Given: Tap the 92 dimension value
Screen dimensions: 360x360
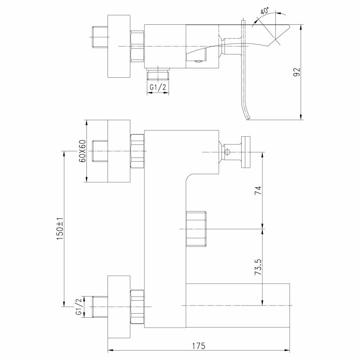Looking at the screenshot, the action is (x=297, y=72).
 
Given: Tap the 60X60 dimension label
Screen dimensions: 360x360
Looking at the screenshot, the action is (x=82, y=151).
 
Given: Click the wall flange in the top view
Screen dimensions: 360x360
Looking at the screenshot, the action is (x=119, y=47).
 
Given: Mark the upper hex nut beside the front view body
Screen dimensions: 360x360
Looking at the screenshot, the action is (x=137, y=151).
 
